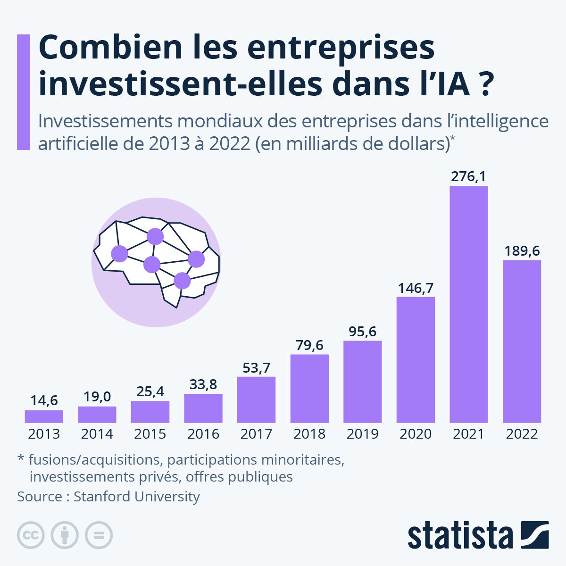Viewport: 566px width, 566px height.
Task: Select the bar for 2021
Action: click(468, 304)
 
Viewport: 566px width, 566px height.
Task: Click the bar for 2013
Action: click(44, 416)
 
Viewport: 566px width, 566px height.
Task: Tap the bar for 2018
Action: click(309, 389)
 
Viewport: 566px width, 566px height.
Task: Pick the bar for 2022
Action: click(522, 341)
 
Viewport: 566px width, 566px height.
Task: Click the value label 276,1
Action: click(468, 176)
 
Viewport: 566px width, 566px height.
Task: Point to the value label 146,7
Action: click(416, 288)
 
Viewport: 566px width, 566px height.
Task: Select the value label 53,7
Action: click(256, 367)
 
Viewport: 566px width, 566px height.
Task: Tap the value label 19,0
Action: click(97, 397)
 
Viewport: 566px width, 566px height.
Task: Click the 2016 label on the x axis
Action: click(203, 434)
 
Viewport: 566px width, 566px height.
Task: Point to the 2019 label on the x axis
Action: click(362, 434)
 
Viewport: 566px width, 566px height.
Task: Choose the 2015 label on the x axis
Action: click(150, 434)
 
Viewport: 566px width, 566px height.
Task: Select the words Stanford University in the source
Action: click(137, 497)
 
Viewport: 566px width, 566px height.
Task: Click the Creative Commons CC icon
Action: click(31, 535)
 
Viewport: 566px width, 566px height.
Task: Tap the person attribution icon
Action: click(65, 535)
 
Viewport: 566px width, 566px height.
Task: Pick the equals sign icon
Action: click(99, 535)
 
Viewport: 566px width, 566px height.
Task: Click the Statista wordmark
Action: click(460, 536)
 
